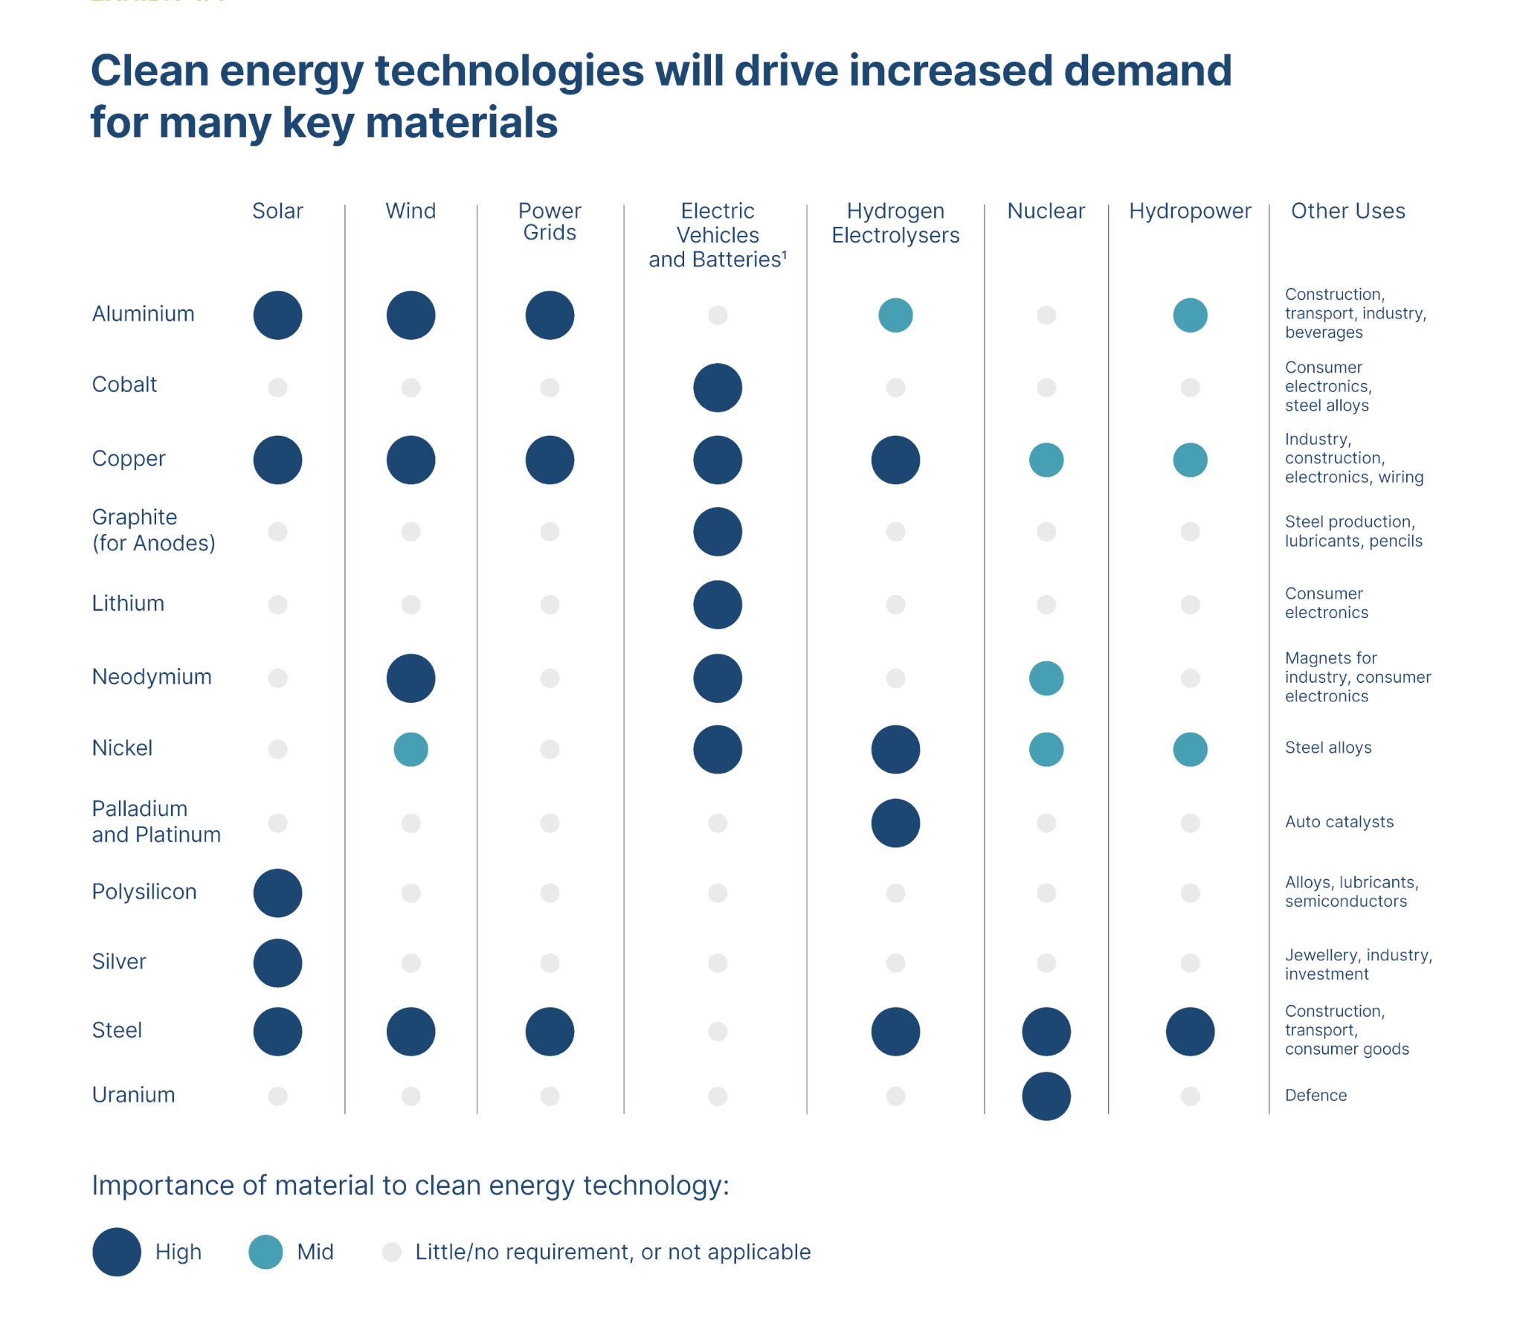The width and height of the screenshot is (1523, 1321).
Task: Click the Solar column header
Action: coord(277,210)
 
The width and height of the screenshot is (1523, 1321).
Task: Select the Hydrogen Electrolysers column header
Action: coord(895,222)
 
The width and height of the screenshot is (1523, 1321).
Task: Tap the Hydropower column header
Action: coord(1189,210)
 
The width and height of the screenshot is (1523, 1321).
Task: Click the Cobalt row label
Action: coord(124,385)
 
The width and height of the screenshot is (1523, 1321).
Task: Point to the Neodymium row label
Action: coord(152,677)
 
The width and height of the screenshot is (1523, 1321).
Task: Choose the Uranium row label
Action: coord(133,1095)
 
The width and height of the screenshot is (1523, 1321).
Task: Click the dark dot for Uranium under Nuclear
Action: coord(1046,1096)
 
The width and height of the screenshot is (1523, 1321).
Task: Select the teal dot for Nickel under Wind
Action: coord(410,749)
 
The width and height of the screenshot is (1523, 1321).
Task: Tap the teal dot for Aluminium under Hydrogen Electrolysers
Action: coord(895,315)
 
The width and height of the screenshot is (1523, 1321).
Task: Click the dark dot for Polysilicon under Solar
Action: coord(277,893)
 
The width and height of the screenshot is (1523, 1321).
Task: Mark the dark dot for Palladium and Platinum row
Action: coord(895,823)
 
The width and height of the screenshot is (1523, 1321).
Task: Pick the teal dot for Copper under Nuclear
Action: coord(1046,460)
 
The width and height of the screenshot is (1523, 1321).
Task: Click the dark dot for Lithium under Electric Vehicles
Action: coord(717,604)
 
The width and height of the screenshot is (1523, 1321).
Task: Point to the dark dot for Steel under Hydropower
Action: coord(1189,1031)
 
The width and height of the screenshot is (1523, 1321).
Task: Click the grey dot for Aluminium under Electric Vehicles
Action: coord(717,315)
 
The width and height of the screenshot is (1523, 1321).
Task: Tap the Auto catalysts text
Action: coord(1339,822)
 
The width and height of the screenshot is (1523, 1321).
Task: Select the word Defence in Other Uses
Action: coord(1315,1095)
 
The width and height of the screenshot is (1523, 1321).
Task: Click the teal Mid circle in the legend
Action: coord(265,1252)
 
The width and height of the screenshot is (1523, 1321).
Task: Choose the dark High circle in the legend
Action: coord(117,1252)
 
